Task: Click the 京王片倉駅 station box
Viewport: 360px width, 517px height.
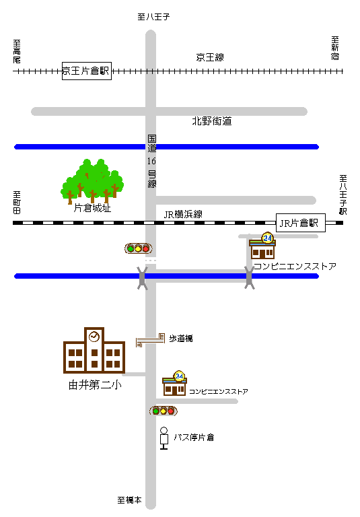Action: (87, 71)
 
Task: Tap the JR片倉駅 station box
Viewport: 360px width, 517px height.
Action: (300, 223)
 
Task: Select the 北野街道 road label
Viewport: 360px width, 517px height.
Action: (212, 121)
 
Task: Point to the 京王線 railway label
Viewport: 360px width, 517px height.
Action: (210, 57)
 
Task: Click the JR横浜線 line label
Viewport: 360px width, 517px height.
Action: (183, 214)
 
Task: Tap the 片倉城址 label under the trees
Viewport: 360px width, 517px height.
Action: (92, 208)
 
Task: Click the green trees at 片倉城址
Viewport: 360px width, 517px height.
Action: (92, 181)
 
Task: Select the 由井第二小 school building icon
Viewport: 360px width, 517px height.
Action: (94, 350)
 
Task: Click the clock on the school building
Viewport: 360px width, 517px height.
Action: (94, 337)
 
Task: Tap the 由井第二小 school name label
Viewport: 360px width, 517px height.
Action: (95, 385)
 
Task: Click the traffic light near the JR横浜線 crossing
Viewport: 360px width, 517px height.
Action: (139, 248)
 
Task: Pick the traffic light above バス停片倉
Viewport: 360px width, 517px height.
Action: (164, 411)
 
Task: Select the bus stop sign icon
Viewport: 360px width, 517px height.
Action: (164, 438)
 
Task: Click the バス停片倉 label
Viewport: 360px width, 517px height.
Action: (194, 438)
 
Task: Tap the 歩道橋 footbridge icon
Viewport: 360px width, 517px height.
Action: (150, 340)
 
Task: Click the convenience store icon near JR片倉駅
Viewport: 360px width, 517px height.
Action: (262, 246)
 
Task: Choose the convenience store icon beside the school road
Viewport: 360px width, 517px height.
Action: (175, 383)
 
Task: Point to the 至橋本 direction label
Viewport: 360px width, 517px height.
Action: (130, 500)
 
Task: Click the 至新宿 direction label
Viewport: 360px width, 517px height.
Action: (335, 48)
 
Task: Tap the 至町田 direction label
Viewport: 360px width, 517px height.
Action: (17, 202)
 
